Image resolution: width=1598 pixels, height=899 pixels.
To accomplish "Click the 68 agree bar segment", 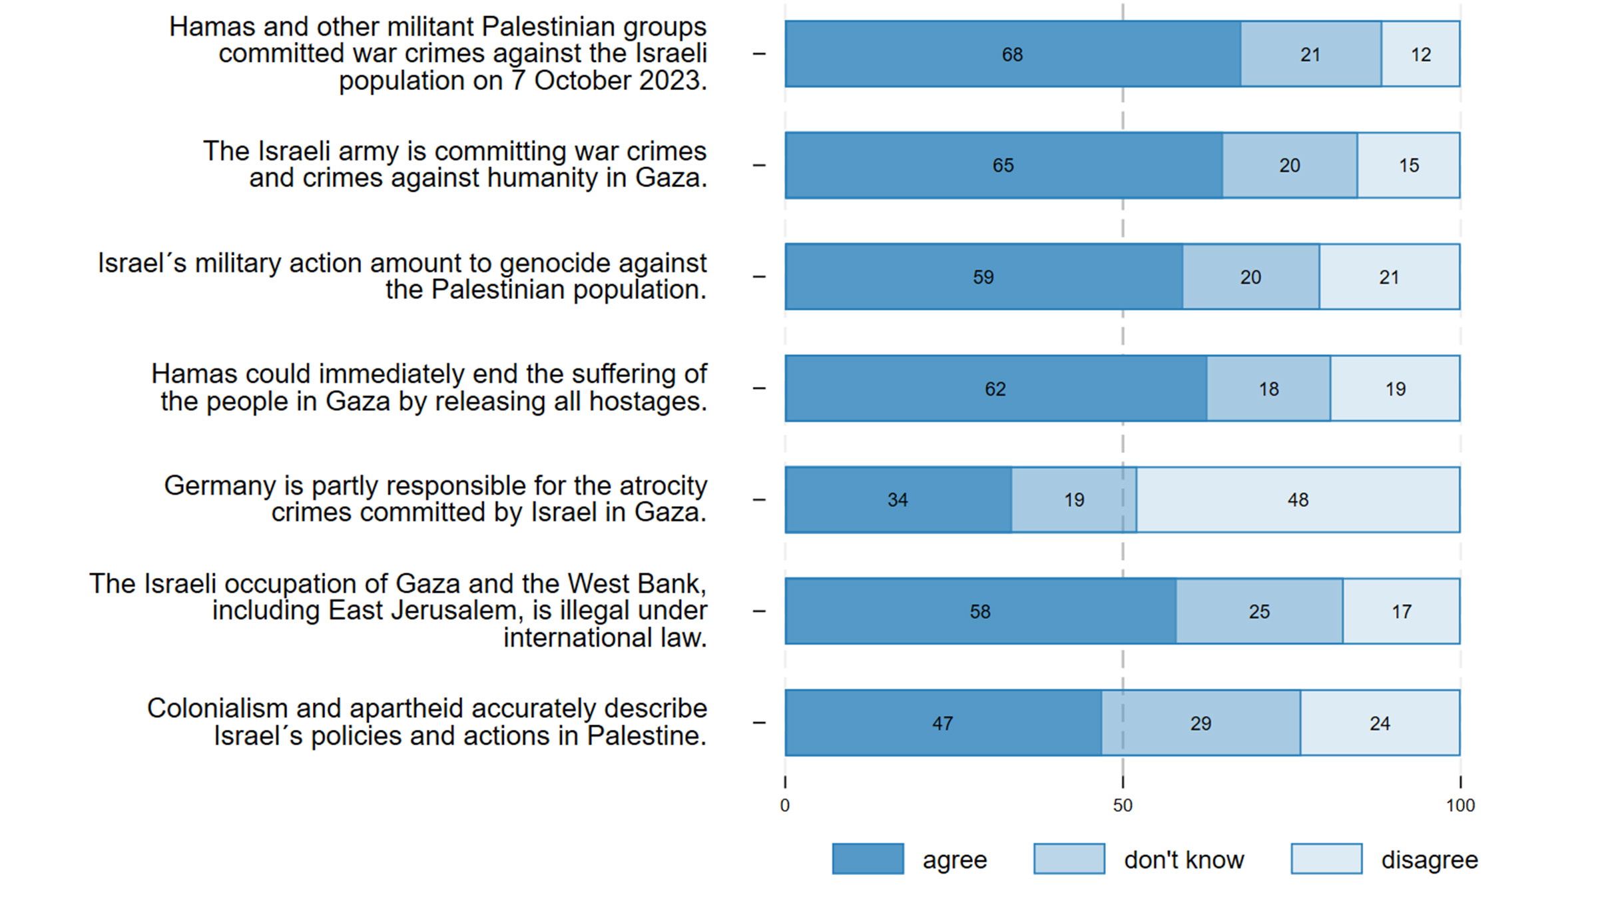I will (1012, 54).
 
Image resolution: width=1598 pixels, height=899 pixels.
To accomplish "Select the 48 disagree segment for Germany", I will (1298, 499).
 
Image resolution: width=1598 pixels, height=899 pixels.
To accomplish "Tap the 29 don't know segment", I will (1200, 723).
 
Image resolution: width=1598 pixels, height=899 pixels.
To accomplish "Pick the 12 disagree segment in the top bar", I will (1420, 54).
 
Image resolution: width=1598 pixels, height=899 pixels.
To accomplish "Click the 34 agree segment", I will (898, 499).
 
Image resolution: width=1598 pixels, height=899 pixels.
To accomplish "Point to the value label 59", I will (983, 277).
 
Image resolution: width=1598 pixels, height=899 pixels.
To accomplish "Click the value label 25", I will (1259, 611).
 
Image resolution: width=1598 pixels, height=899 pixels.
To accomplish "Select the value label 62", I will (995, 389).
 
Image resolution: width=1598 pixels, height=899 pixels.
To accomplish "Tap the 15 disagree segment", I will (1408, 165).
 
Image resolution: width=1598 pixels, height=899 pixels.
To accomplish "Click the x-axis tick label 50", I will (1123, 806).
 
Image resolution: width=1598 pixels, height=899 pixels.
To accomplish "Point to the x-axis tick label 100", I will (1460, 806).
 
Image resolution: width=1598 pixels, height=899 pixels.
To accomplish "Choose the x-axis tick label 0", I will (785, 806).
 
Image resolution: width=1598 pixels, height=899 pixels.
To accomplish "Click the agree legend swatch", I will (868, 859).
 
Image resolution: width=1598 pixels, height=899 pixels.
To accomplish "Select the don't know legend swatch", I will (1069, 859).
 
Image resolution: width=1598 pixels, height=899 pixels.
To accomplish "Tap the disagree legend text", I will (1430, 860).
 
